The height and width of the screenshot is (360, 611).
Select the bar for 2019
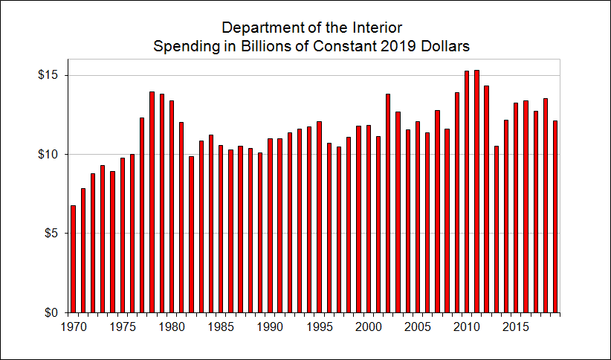(555, 216)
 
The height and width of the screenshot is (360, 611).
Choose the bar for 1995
(319, 216)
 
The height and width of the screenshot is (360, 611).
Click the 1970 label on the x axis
(73, 326)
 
